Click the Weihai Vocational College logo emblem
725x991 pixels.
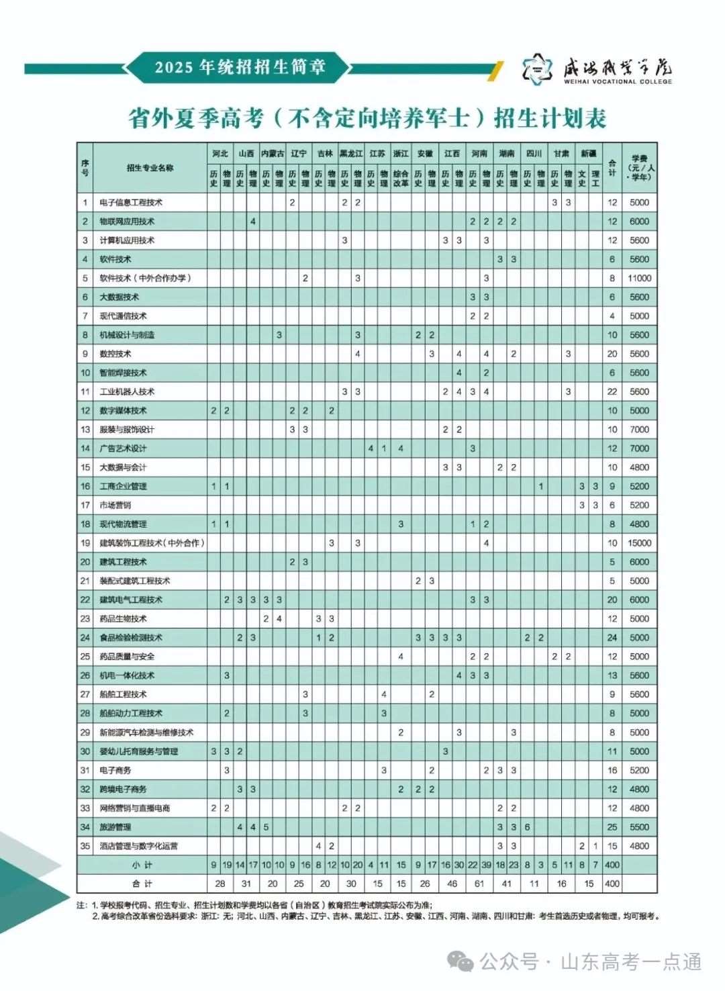coord(538,69)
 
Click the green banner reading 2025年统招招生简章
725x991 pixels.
coord(240,67)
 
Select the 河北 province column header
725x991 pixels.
coord(220,154)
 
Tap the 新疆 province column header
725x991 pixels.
coord(588,154)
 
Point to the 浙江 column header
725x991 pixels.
coord(401,154)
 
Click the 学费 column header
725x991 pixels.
coord(639,168)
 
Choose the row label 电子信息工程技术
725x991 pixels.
coord(131,202)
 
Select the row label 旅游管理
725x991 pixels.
coord(115,827)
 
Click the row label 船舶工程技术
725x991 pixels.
coord(123,694)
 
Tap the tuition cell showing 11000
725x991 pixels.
coord(639,278)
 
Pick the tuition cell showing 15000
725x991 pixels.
coord(639,543)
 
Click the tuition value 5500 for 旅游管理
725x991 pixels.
coord(639,827)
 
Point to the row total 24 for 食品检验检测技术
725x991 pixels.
coord(612,638)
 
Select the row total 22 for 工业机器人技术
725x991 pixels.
coord(612,391)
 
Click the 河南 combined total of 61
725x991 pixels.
coord(479,884)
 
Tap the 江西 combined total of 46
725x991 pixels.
coord(452,884)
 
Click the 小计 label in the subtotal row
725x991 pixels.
coord(142,865)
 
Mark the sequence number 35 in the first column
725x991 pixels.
coord(85,846)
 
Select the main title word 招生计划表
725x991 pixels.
coord(550,119)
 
